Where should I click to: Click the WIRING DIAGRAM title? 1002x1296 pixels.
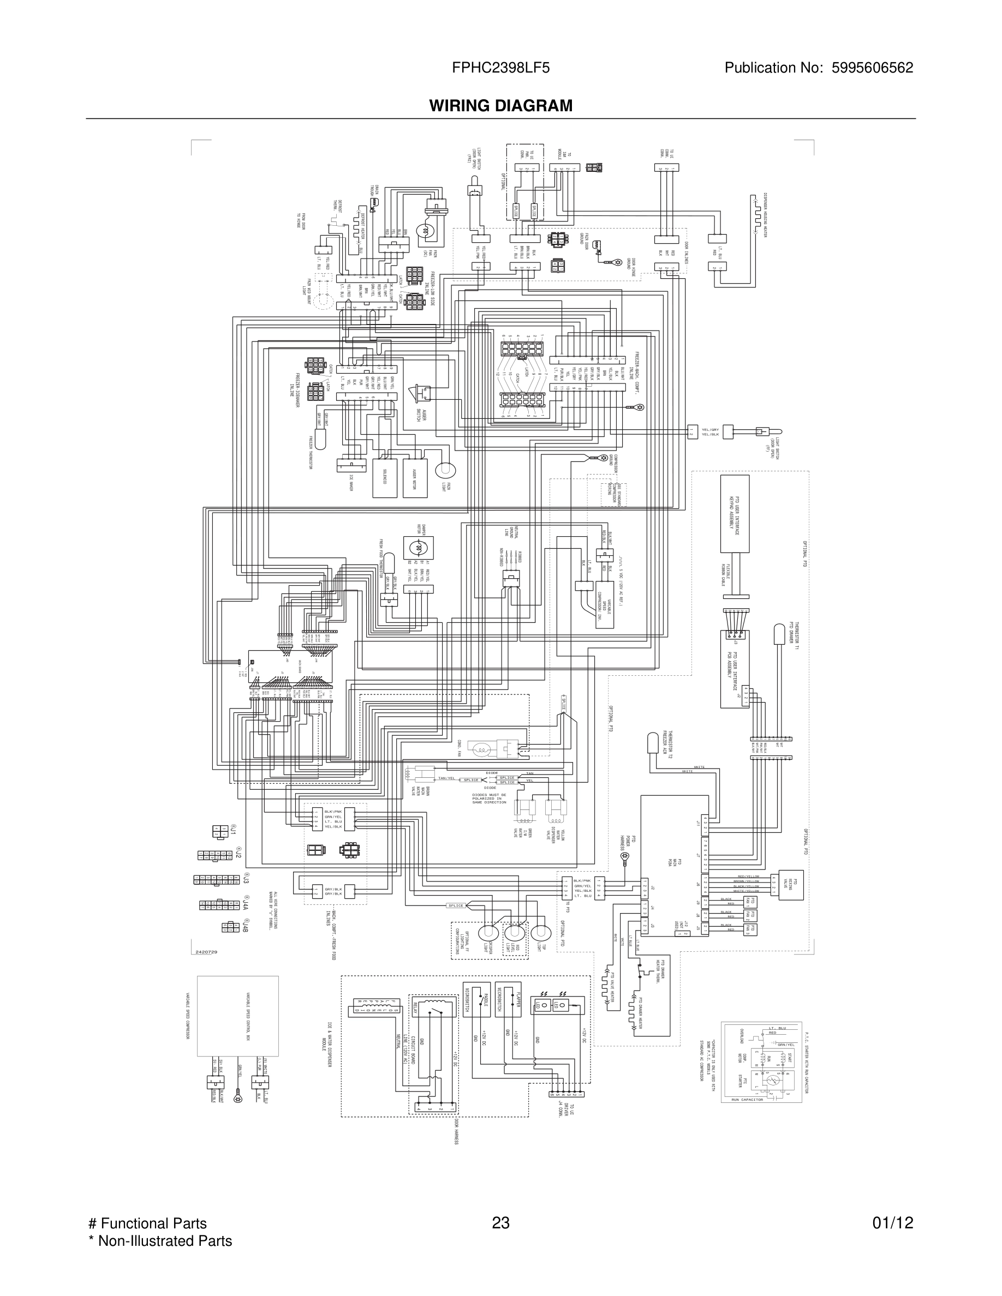pyautogui.click(x=501, y=106)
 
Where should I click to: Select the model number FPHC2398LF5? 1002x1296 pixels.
pyautogui.click(x=500, y=68)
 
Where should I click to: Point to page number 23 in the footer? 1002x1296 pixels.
pyautogui.click(x=500, y=1223)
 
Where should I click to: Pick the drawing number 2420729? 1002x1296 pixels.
pyautogui.click(x=207, y=952)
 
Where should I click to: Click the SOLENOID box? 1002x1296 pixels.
pyautogui.click(x=385, y=478)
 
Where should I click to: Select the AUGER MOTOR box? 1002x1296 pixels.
pyautogui.click(x=414, y=478)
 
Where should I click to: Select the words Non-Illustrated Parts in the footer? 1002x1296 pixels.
pyautogui.click(x=164, y=1241)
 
